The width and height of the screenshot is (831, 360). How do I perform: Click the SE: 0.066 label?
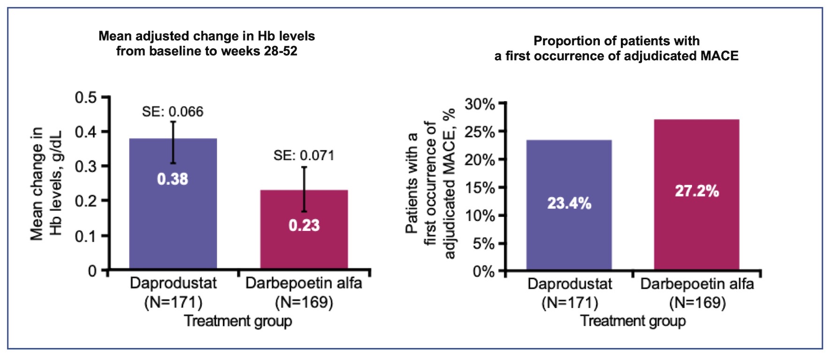click(173, 112)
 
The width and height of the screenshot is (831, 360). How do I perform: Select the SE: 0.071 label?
click(304, 155)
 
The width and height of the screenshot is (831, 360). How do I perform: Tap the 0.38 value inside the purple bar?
click(173, 179)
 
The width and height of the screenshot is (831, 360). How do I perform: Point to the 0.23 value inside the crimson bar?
click(304, 225)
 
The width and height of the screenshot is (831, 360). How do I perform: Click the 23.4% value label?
click(569, 203)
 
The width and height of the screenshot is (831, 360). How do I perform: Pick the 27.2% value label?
click(696, 191)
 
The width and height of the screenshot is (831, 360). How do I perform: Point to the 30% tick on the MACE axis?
click(480, 104)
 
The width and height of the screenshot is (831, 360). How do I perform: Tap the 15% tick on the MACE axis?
click(480, 188)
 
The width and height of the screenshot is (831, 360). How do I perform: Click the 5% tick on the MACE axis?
click(483, 244)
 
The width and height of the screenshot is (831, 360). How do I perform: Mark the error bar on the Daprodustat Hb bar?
click(173, 142)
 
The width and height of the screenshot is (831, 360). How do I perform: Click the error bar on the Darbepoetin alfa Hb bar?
click(304, 189)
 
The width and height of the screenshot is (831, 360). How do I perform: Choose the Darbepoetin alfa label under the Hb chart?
click(304, 283)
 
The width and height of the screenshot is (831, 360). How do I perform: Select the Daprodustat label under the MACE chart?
click(569, 284)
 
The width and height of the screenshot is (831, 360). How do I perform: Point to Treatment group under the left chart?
click(238, 321)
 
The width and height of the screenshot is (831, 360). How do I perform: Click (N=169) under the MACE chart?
click(697, 303)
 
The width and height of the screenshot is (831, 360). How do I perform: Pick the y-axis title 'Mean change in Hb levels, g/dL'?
click(46, 184)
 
